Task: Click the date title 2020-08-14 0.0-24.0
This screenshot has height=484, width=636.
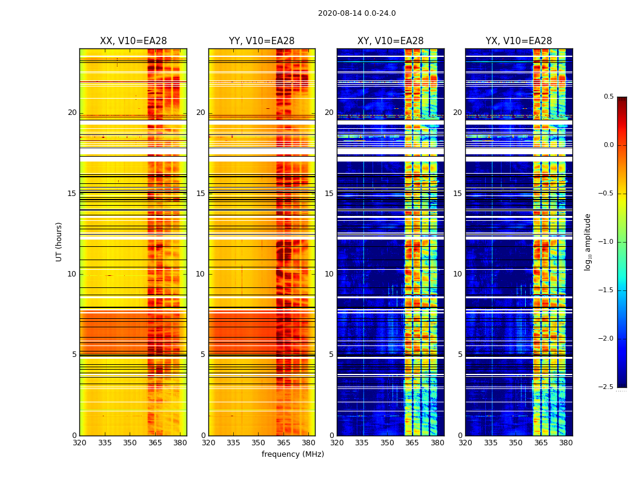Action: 357,13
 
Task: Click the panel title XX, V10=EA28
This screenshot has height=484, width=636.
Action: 133,41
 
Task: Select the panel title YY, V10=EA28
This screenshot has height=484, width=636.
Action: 262,41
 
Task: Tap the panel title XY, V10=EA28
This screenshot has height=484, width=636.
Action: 390,41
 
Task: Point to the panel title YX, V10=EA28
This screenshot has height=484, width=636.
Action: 518,41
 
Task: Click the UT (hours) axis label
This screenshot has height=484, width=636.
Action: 59,241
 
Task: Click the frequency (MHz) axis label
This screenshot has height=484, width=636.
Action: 293,454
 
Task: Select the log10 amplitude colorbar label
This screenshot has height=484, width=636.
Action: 588,241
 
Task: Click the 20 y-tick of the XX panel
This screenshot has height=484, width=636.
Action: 72,113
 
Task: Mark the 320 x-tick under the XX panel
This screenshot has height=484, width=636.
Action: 79,443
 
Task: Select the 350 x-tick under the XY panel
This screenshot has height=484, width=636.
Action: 387,443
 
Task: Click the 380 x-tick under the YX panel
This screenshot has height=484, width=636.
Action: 566,443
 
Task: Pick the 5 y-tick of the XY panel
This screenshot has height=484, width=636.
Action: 331,355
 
